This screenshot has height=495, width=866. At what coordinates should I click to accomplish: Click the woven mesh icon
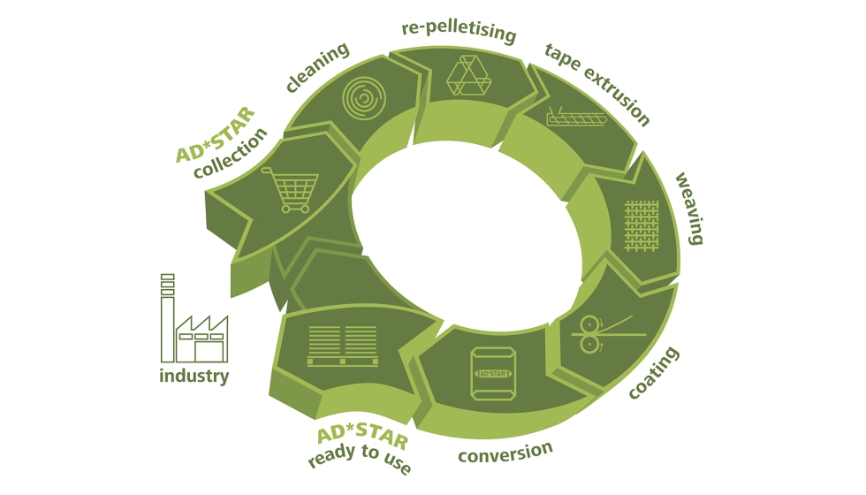click(642, 222)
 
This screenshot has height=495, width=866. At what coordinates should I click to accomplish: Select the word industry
click(194, 377)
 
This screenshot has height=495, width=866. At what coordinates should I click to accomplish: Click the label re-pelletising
click(458, 31)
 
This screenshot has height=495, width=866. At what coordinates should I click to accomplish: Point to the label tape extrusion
click(597, 84)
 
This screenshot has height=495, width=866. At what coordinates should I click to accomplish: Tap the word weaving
click(688, 209)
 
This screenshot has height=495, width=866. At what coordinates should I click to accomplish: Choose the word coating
click(655, 372)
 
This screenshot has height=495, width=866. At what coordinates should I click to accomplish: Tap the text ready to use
click(360, 460)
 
